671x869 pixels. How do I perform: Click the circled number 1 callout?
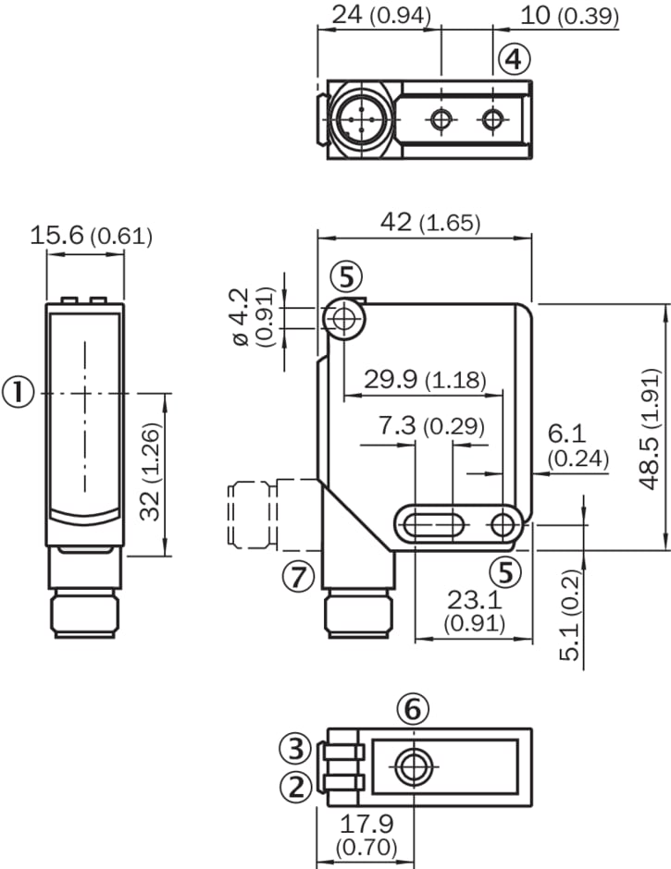click(x=19, y=392)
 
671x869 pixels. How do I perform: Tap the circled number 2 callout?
click(x=296, y=787)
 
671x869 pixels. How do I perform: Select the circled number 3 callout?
click(x=296, y=747)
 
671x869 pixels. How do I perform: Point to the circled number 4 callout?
click(x=514, y=60)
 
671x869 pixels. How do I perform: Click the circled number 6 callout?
click(x=413, y=709)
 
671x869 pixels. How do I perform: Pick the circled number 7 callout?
click(x=297, y=577)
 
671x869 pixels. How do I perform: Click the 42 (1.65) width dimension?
click(x=426, y=223)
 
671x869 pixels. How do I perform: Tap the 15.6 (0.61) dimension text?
click(x=90, y=236)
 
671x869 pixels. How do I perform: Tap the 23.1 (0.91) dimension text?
click(x=474, y=611)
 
